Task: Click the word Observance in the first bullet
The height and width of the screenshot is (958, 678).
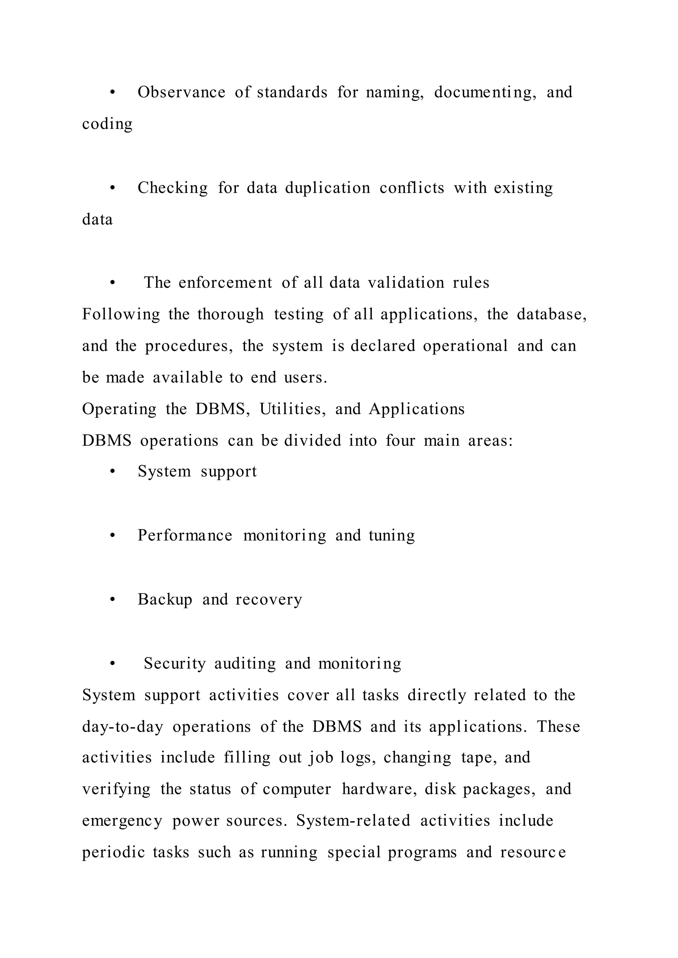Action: pos(182,92)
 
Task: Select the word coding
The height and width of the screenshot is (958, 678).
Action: pos(107,124)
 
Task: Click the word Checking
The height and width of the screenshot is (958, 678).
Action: pos(172,188)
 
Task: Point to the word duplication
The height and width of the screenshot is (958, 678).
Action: pos(328,188)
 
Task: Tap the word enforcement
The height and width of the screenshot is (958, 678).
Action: pos(225,283)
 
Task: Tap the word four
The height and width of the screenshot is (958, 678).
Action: pos(400,441)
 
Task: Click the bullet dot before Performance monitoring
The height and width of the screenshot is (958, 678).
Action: pos(112,536)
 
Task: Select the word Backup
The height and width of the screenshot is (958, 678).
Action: pos(165,600)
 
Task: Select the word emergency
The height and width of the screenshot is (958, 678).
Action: pos(122,822)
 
